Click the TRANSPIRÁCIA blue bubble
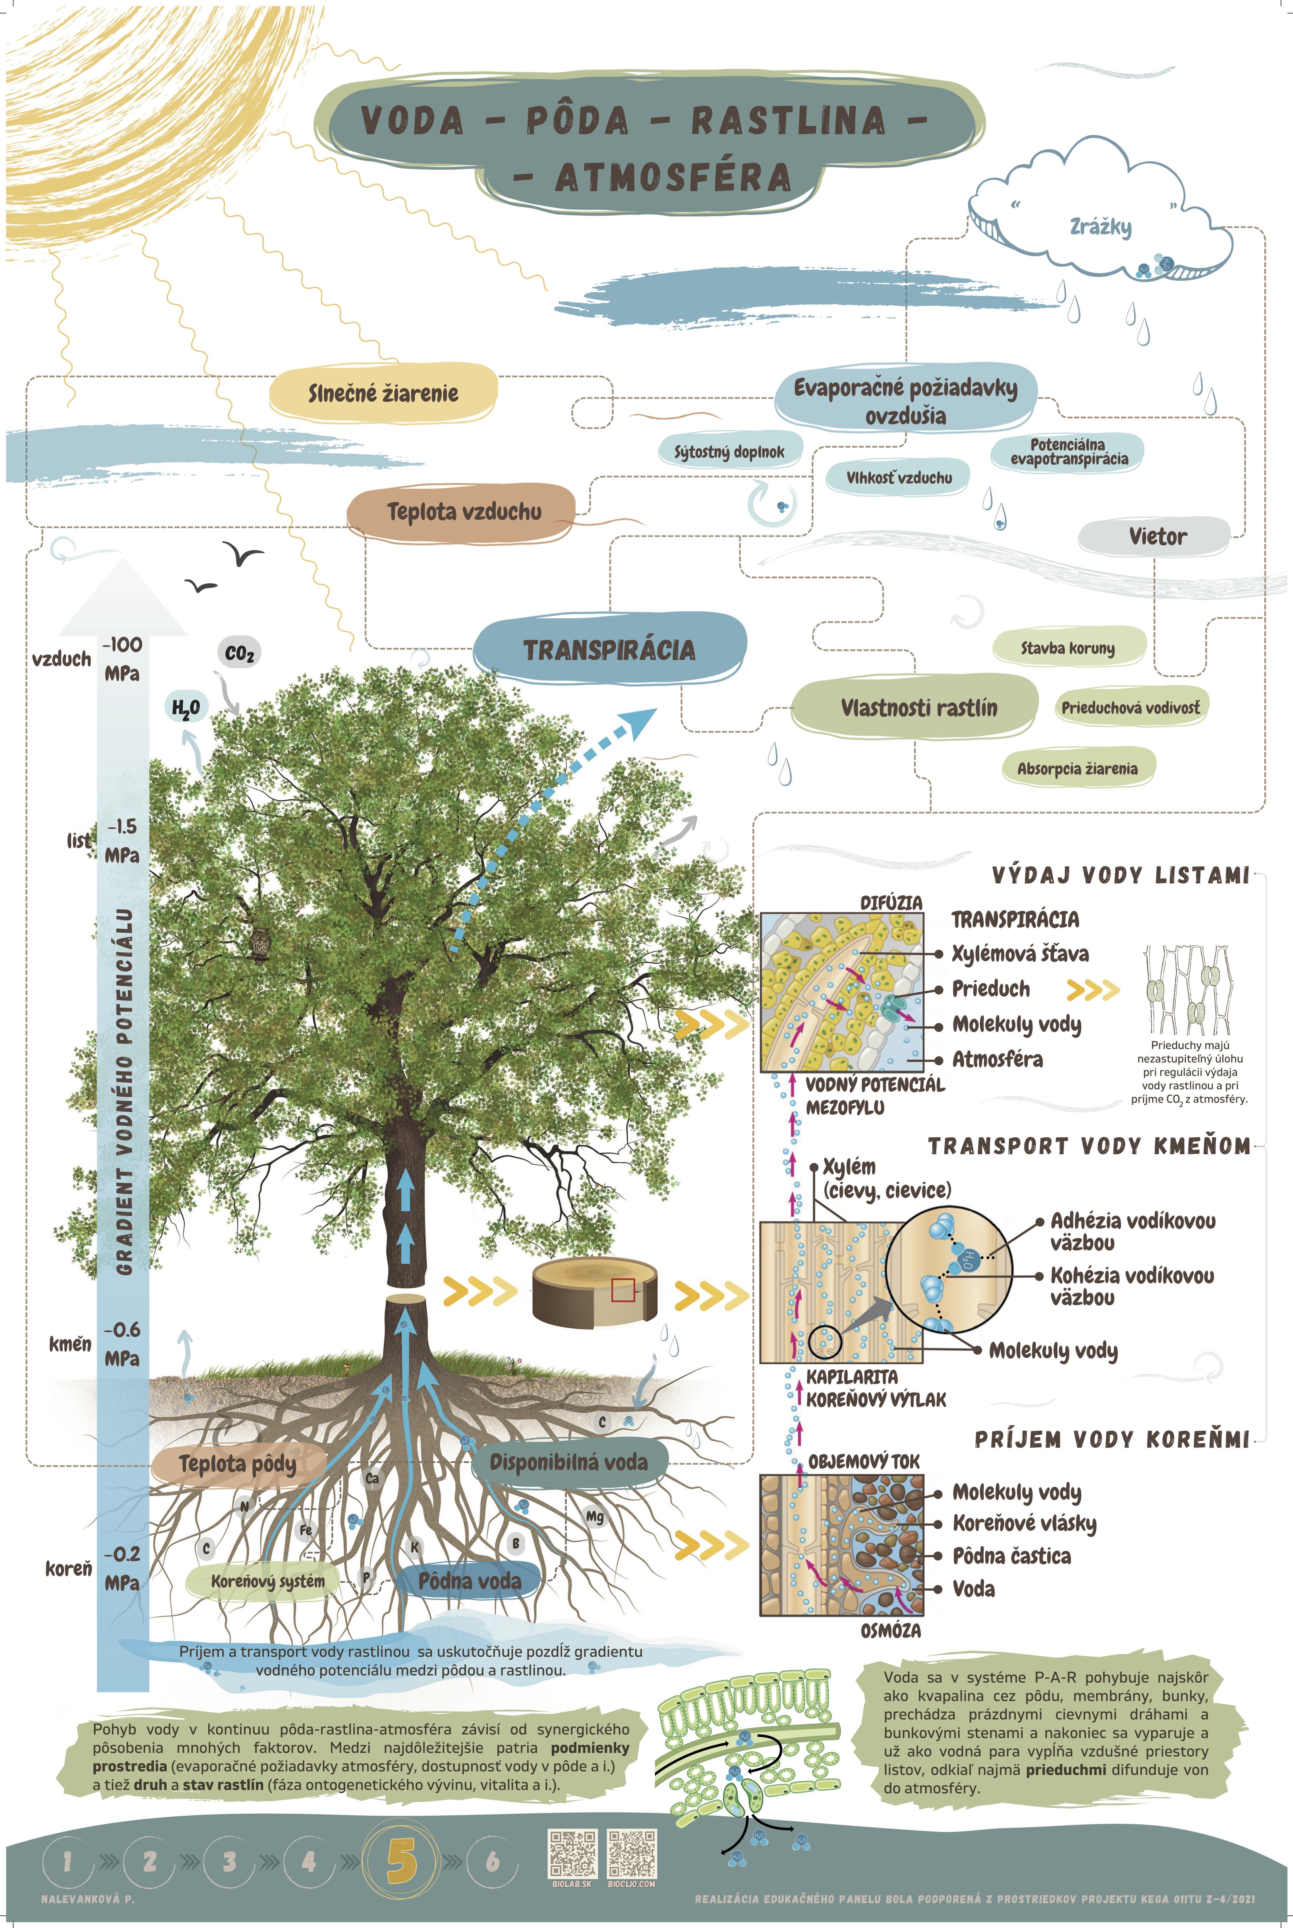610,649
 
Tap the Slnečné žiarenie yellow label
384,393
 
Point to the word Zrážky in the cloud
1100,226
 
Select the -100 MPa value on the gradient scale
122,658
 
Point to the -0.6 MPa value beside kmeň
122,1343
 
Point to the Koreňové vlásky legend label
1024,1523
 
